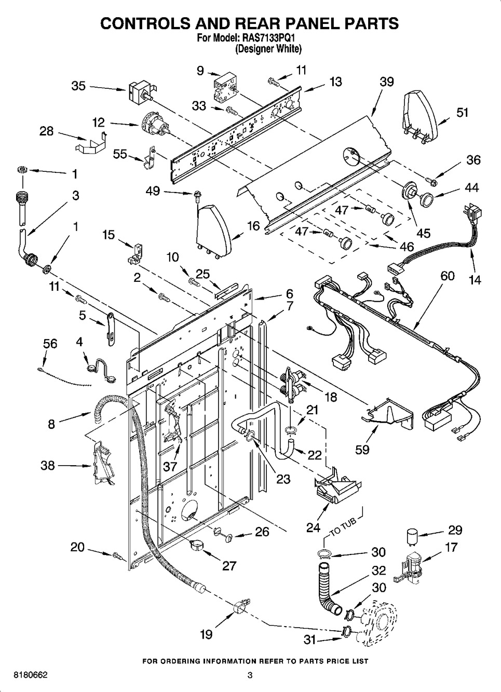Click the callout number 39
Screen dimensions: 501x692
pyautogui.click(x=386, y=82)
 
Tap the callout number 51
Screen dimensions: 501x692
pyautogui.click(x=462, y=113)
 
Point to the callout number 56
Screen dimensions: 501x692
pyautogui.click(x=50, y=344)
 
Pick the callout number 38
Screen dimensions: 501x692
pyautogui.click(x=48, y=465)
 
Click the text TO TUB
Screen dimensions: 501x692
pyautogui.click(x=343, y=525)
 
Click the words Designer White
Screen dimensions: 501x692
pyautogui.click(x=268, y=49)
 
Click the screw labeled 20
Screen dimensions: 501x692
pyautogui.click(x=118, y=556)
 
